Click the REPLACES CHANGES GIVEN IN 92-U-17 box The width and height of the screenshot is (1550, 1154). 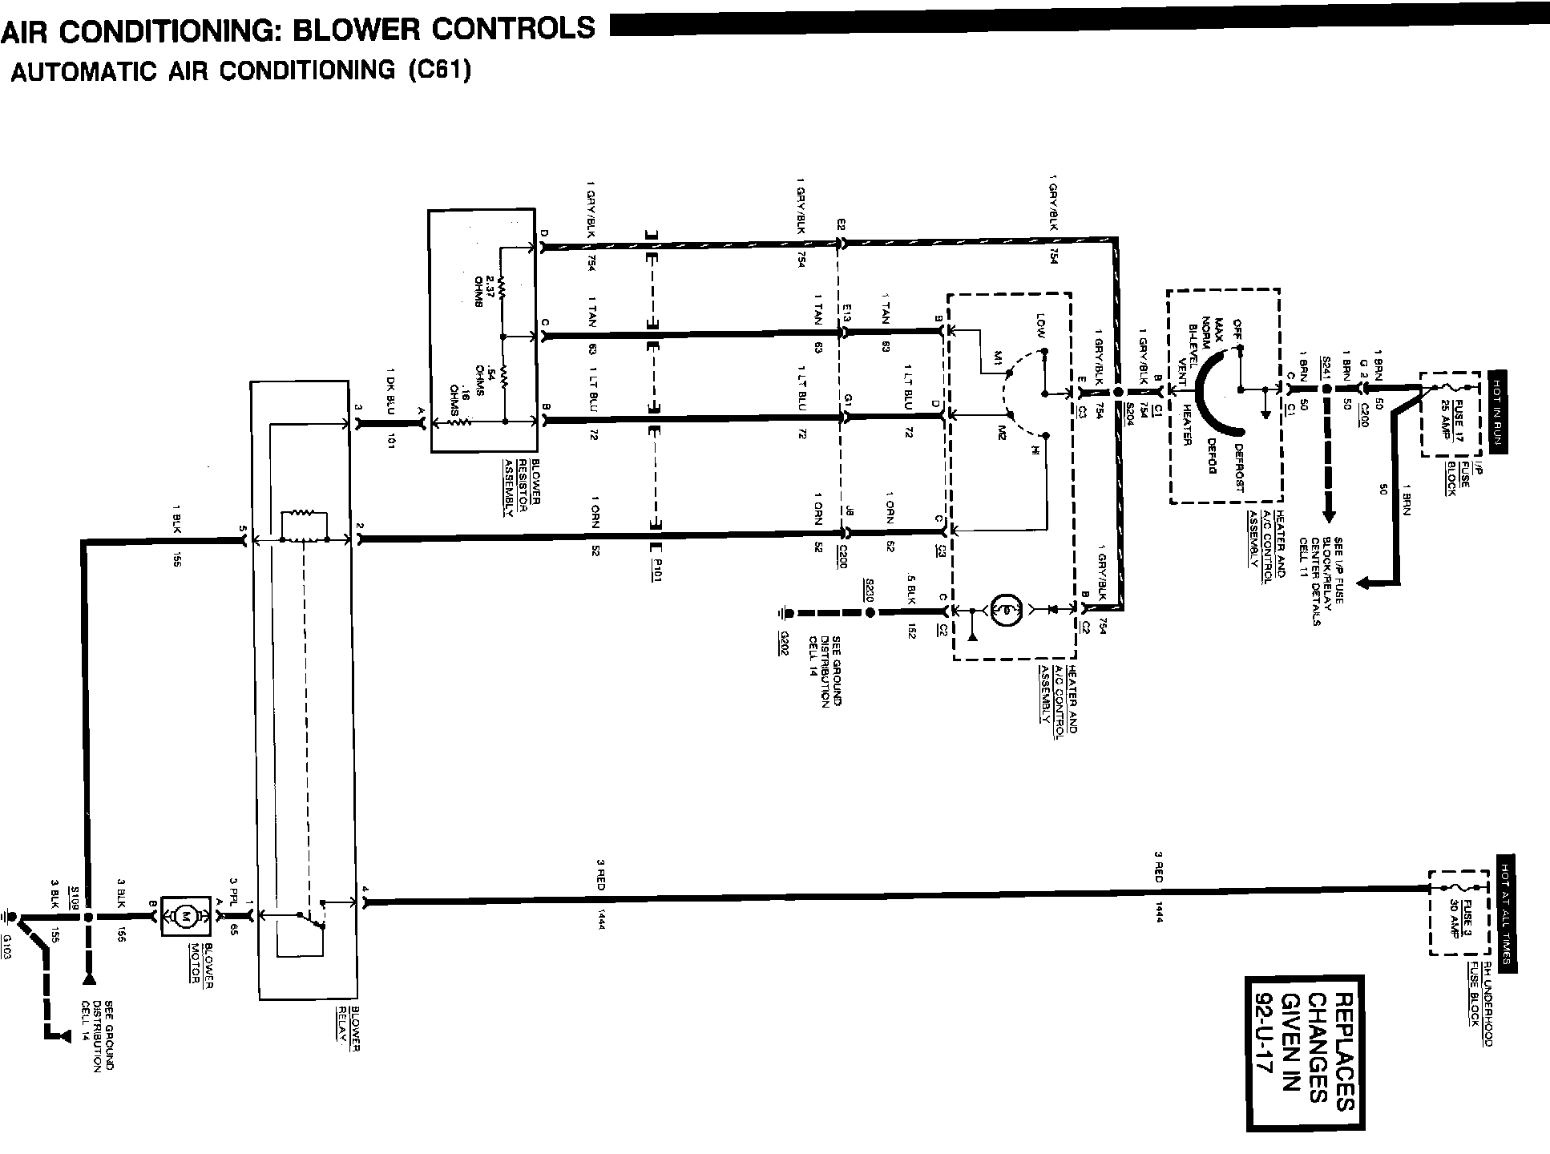[1305, 1053]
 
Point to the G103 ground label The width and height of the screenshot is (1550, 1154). [7, 947]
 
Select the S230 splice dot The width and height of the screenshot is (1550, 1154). [870, 613]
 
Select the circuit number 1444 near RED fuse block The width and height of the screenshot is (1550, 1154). [1160, 912]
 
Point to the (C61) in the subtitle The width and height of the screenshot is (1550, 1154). [439, 71]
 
